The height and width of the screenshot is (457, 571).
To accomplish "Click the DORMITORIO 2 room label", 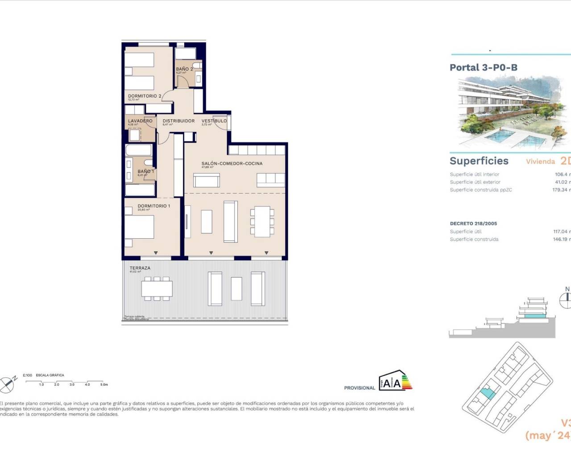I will pyautogui.click(x=145, y=96).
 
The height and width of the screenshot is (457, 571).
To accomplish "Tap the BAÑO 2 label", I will pyautogui.click(x=184, y=69).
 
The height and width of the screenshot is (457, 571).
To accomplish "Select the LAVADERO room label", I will pyautogui.click(x=140, y=121).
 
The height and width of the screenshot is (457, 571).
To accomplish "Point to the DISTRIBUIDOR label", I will pyautogui.click(x=178, y=121).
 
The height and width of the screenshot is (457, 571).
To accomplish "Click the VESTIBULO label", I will pyautogui.click(x=214, y=121).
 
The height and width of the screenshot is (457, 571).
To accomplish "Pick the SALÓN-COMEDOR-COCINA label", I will pyautogui.click(x=232, y=164).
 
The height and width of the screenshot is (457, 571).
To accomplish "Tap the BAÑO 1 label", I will pyautogui.click(x=145, y=171).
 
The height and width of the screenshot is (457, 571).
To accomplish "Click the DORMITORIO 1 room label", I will pyautogui.click(x=153, y=206).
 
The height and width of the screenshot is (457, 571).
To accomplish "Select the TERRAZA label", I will pyautogui.click(x=140, y=268).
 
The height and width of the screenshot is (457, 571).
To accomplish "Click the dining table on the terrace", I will pyautogui.click(x=157, y=288).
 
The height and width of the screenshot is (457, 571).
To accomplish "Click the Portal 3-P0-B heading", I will pyautogui.click(x=484, y=68).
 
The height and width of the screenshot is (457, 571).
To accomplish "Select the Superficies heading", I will pyautogui.click(x=479, y=161).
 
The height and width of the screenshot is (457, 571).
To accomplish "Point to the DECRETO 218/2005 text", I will pyautogui.click(x=473, y=224).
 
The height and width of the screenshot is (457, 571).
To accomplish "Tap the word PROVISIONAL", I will pyautogui.click(x=360, y=388).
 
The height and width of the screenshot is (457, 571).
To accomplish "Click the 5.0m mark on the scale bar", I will pyautogui.click(x=104, y=384).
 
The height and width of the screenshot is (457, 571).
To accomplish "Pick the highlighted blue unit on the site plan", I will pyautogui.click(x=487, y=394).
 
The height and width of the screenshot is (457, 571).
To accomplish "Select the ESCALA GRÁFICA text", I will pyautogui.click(x=50, y=375).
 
